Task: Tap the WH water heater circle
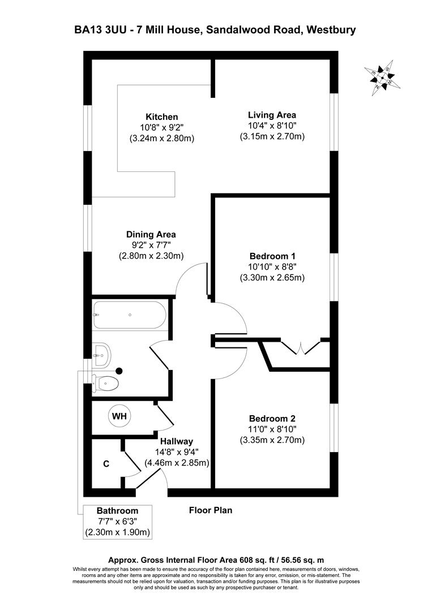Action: click(119, 416)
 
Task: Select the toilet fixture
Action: click(108, 383)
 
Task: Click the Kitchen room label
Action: click(146, 117)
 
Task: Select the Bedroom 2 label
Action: click(273, 419)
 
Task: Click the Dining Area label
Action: click(151, 234)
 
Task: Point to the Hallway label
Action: click(177, 441)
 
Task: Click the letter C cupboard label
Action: click(106, 464)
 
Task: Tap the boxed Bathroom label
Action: click(117, 511)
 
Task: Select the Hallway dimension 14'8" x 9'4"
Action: click(177, 452)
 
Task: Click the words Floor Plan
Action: click(210, 510)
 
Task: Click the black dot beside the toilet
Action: click(119, 371)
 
